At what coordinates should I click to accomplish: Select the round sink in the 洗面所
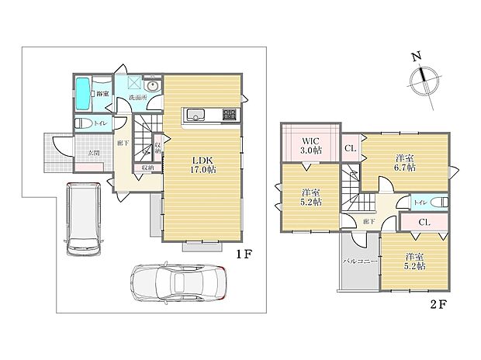152,86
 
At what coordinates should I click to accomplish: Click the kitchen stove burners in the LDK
229,116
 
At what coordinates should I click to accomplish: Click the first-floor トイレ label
100,124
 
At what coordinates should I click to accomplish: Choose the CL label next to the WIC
350,147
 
